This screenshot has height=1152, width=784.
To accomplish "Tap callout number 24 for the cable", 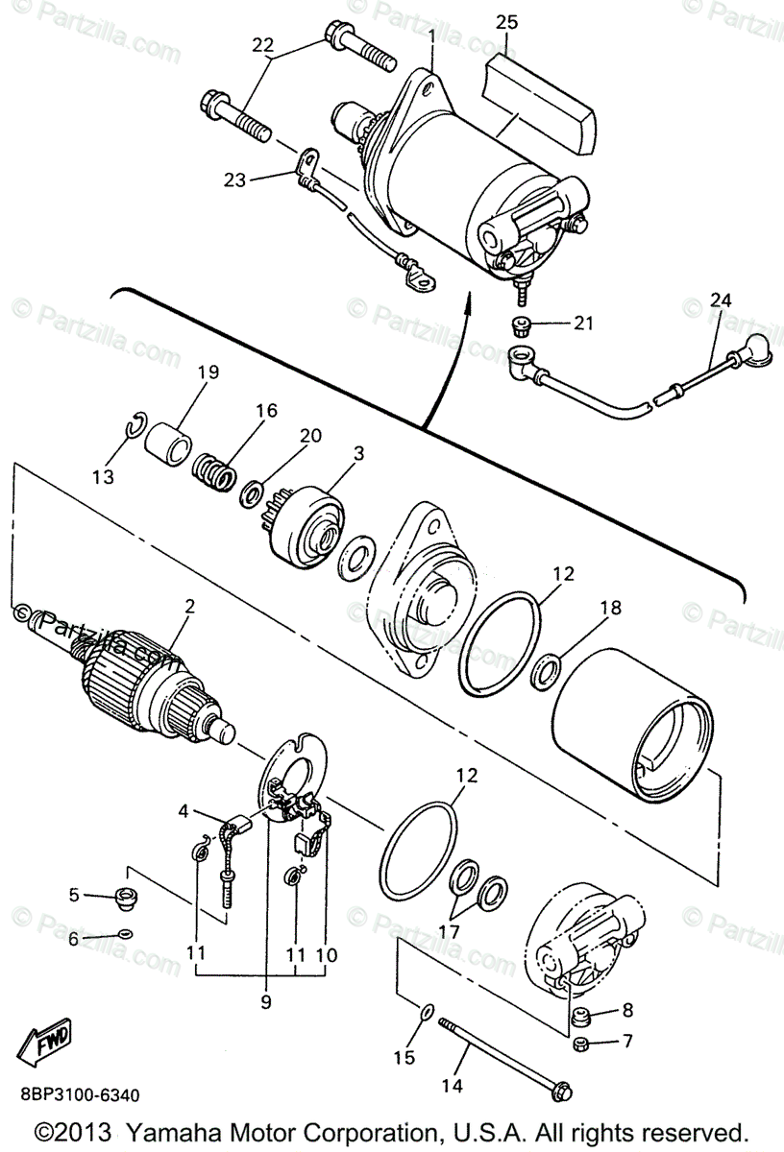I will pos(721,300).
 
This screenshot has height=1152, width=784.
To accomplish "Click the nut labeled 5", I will pos(124,899).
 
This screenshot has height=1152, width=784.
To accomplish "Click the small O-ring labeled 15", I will pos(428,1011).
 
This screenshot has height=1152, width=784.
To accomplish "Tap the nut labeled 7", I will pos(581,1044).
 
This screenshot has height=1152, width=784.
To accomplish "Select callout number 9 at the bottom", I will pos(265,1001).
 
